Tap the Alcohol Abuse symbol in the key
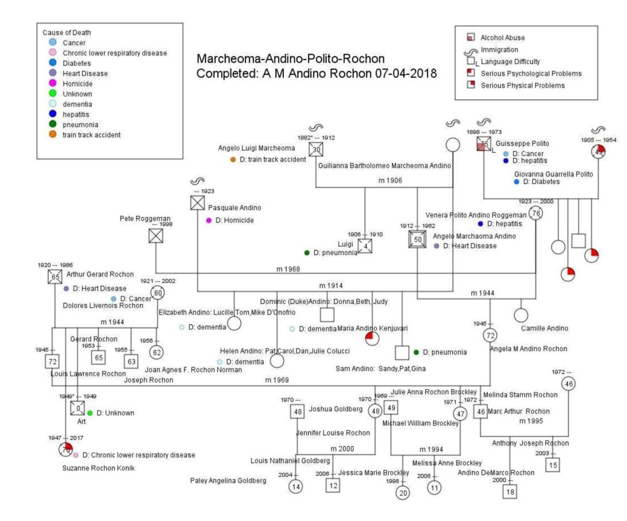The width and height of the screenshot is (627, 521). (471, 37)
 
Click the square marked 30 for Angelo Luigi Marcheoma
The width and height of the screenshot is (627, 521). (316, 150)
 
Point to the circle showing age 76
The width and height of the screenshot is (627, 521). (535, 213)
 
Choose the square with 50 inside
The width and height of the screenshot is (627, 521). (417, 239)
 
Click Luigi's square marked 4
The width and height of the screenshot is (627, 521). (365, 246)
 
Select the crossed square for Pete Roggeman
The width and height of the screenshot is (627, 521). (156, 236)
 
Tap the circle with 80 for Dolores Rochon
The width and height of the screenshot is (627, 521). (158, 293)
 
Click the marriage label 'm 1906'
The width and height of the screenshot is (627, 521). (390, 180)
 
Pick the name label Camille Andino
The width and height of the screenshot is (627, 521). (546, 328)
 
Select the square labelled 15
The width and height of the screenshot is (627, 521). (553, 464)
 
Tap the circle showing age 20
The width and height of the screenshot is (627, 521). (403, 492)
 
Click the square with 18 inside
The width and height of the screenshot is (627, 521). (510, 492)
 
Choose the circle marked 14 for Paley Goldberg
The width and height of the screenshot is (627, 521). (295, 486)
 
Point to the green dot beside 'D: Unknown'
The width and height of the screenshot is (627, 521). (90, 413)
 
